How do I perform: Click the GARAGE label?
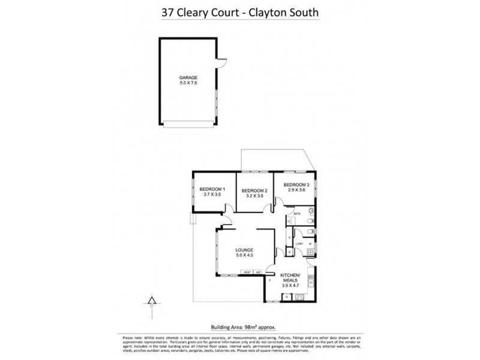coord(189,77)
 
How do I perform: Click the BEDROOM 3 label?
coord(296,184)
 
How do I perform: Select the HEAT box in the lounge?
coord(247,273)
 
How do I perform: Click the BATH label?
coord(296,213)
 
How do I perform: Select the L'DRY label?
coord(298,243)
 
